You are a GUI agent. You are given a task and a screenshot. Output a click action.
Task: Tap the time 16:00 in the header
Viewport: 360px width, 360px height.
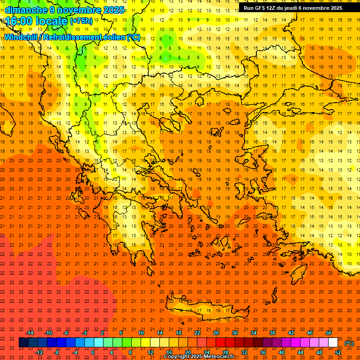coord(19,21)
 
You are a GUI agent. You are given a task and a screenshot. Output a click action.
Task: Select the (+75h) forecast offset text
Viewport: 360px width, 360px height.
coord(81,21)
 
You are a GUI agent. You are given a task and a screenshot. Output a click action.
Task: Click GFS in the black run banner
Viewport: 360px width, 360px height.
coord(262,8)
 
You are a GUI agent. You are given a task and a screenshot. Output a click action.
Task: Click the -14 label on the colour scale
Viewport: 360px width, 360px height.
coord(30,333)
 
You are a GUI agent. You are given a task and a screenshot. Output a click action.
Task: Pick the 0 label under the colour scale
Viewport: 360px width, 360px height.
coord(93,352)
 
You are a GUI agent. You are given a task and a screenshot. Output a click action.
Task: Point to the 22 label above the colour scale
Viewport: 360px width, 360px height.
coord(197,333)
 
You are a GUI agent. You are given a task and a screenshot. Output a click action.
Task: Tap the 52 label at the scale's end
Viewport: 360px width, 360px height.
coord(338,352)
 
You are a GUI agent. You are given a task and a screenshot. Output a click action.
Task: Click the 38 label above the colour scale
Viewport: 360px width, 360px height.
coord(272,333)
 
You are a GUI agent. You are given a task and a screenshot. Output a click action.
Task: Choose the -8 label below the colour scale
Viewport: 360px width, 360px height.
coord(57,352)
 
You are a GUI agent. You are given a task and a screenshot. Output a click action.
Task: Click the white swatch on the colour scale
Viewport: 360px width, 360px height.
coord(333,343)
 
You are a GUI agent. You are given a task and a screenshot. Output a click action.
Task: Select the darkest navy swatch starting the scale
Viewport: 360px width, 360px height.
coord(23,343)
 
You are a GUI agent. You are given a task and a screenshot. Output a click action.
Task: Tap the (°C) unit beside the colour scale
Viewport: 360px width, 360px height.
coord(349,343)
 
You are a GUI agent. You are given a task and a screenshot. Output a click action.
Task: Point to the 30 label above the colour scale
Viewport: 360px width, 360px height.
coord(235,333)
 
